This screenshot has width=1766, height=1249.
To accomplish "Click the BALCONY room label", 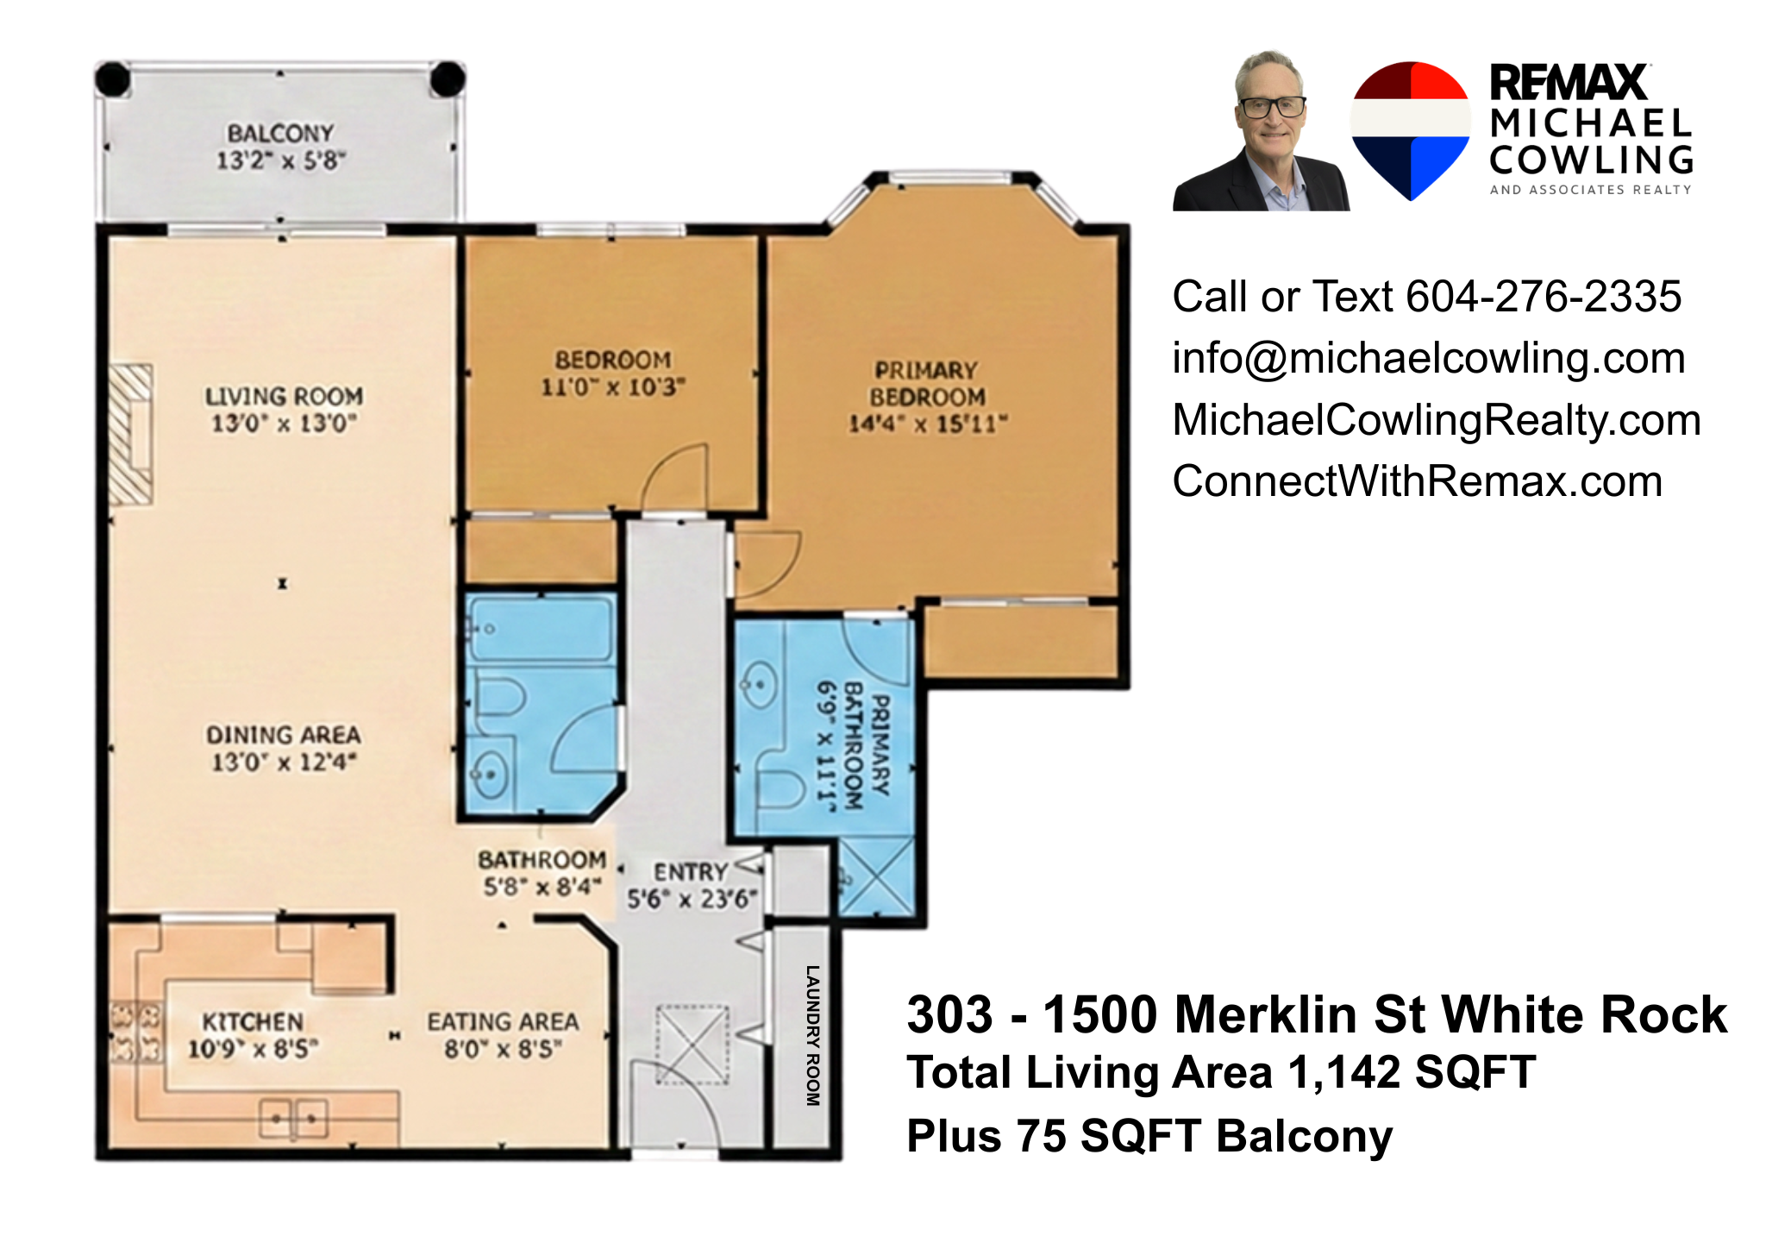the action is point(280,134).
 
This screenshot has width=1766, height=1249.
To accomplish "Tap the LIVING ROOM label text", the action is point(284,397).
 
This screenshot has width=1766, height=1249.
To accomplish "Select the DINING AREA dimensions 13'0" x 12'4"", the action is point(284,763).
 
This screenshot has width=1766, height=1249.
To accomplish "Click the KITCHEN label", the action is point(253,1022).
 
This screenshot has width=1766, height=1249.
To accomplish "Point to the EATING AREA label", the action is point(503,1022).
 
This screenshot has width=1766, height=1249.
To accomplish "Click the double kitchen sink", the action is point(294,1119).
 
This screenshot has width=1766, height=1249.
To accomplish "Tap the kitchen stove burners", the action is point(136,1032).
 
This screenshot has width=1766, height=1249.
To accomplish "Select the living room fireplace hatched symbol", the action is point(132,435).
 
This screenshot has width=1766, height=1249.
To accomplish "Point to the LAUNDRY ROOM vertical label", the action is point(812,1035).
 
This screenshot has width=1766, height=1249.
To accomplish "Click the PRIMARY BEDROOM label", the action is point(927,384).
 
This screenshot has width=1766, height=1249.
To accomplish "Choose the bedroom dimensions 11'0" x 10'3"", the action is point(613,387).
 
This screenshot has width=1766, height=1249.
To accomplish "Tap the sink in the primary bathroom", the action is point(760,685).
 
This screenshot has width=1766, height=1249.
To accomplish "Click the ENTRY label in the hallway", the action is point(691,872).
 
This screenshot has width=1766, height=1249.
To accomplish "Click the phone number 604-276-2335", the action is point(1544,297).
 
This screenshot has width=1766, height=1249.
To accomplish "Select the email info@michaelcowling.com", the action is point(1429,359).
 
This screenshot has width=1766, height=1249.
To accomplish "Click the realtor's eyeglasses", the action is point(1272,108).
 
